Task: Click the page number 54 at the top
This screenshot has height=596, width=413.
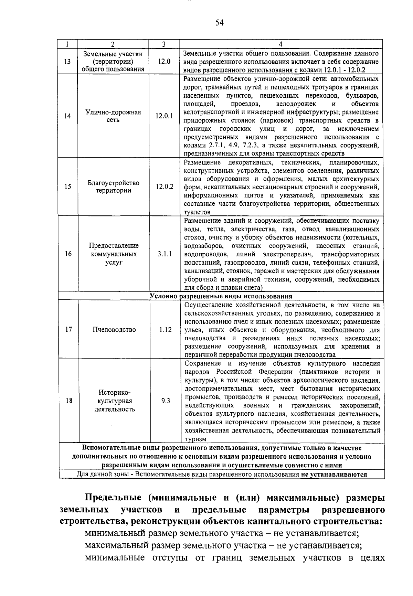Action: (x=220, y=23)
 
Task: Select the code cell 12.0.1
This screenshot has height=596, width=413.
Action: (x=164, y=116)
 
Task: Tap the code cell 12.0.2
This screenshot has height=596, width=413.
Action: (x=164, y=187)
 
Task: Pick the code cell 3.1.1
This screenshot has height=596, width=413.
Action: (x=165, y=254)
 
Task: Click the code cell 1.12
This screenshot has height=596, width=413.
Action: (x=166, y=329)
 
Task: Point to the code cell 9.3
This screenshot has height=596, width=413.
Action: (x=166, y=401)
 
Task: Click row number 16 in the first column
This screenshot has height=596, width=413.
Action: (x=68, y=254)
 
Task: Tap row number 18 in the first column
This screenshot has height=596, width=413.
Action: (x=69, y=401)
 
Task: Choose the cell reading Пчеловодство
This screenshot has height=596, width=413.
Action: (x=114, y=329)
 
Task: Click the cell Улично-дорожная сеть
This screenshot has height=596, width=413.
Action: (x=113, y=116)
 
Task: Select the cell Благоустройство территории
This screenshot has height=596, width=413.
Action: (x=113, y=187)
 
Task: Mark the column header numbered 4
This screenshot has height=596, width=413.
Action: (x=281, y=44)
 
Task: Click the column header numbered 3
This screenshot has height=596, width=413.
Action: (x=164, y=44)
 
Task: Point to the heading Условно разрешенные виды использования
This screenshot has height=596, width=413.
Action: (x=221, y=296)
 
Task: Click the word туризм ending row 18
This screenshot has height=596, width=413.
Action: (x=195, y=439)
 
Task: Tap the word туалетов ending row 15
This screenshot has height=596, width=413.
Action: (x=197, y=212)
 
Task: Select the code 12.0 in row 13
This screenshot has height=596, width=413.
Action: (x=164, y=62)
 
